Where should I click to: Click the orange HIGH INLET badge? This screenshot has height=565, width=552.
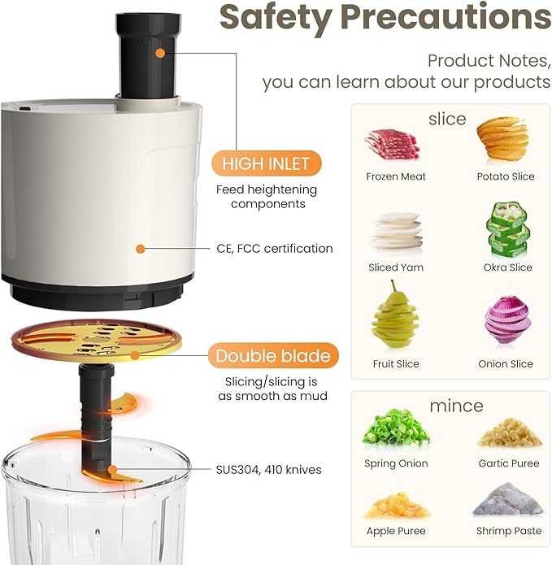(267, 163)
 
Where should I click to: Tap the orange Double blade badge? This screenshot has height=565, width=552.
(272, 355)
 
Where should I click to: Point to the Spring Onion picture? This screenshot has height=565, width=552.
(396, 430)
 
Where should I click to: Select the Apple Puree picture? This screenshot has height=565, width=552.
(396, 505)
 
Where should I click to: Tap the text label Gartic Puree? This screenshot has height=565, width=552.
(507, 463)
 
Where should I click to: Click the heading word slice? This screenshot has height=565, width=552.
(446, 119)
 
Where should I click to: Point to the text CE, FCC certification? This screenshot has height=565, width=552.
(274, 248)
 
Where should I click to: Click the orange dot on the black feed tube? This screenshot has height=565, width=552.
(160, 53)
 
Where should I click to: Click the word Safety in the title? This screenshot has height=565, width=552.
(276, 17)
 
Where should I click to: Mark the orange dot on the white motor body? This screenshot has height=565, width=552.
(140, 249)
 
